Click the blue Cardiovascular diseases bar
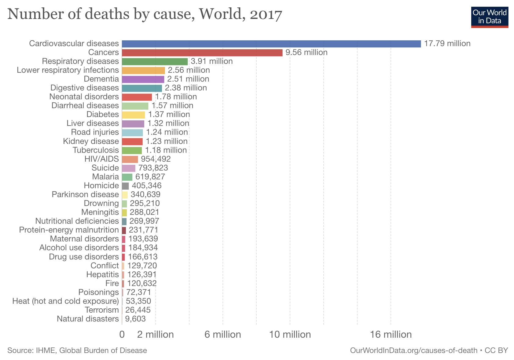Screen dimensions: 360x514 tap(271, 44)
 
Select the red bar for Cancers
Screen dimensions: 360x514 tap(202, 53)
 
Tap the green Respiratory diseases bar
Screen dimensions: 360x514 tap(155, 61)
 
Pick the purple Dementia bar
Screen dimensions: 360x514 tap(143, 79)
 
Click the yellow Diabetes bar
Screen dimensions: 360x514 tap(133, 115)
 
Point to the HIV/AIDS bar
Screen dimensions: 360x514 tap(130, 159)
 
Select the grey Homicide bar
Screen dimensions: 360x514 tap(125, 186)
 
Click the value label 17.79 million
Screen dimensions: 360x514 tap(447, 44)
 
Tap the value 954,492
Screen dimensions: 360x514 tap(156, 159)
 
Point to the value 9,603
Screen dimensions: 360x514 tap(135, 319)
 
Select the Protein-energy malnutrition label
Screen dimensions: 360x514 tap(69, 230)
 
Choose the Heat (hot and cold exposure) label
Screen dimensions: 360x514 tap(65, 301)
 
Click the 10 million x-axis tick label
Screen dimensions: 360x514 tap(290, 335)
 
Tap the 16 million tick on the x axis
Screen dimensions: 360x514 tap(391, 335)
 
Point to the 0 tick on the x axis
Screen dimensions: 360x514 tap(122, 335)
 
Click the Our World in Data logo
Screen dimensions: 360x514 tap(490, 17)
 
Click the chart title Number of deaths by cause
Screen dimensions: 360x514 tap(145, 14)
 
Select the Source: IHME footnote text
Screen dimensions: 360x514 tap(77, 351)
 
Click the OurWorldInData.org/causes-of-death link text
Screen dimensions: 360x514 tap(413, 351)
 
